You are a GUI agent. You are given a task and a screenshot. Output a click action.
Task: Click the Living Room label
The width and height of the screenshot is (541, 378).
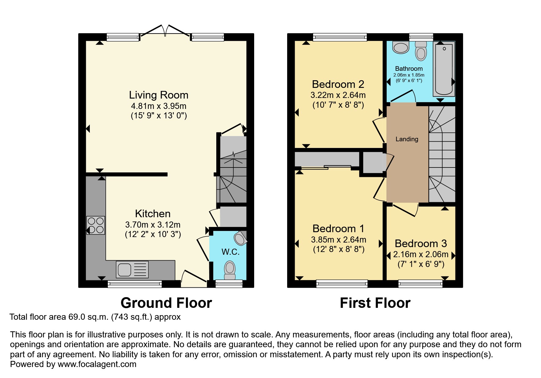pos(159,95)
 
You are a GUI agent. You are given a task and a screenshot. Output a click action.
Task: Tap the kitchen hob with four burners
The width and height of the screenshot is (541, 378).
pos(96,225)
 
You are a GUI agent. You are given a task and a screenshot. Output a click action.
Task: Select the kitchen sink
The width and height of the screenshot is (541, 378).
pos(132,269)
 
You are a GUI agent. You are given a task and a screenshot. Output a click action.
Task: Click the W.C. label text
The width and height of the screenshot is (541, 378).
pos(230,252)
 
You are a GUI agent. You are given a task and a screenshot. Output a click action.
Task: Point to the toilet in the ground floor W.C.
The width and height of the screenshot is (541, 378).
pos(230,270)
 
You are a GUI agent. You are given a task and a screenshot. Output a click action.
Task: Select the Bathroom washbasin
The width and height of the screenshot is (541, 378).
pos(400,48)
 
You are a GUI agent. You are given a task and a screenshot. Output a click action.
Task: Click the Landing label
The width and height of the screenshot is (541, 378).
pos(407,139)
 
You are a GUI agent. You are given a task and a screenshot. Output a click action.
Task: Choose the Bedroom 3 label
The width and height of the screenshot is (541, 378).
pos(421,243)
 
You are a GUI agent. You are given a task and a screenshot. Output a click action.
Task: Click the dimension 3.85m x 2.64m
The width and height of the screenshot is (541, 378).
pos(338,240)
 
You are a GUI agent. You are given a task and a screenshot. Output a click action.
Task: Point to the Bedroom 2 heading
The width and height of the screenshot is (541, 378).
pos(338,84)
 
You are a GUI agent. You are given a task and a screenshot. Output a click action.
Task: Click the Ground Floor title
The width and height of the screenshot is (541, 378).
pos(166,303)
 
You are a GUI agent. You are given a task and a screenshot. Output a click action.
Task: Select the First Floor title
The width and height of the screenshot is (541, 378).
pos(375,303)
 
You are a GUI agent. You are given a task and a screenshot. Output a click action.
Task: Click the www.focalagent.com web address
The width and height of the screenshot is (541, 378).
pos(97,364)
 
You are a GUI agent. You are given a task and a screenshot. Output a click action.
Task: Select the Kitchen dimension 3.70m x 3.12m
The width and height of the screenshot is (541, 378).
pos(153,225)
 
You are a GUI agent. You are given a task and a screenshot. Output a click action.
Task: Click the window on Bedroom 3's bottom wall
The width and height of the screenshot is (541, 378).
pos(420,284)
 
